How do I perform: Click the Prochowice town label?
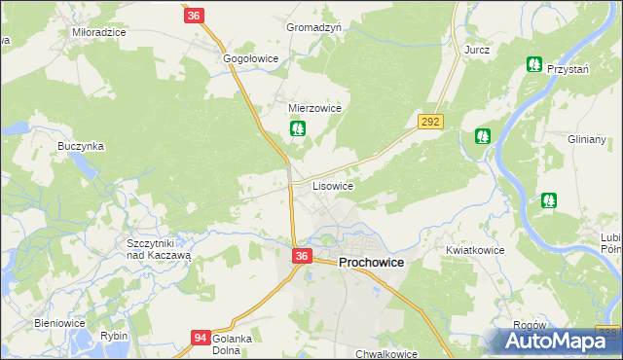pyautogui.click(x=372, y=263)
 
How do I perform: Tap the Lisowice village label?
pyautogui.click(x=332, y=185)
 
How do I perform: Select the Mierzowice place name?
pyautogui.click(x=314, y=109)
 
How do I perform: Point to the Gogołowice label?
pyautogui.click(x=251, y=58)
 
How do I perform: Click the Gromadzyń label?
pyautogui.click(x=313, y=28)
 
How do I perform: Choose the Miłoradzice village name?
pyautogui.click(x=99, y=32)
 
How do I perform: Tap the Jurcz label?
pyautogui.click(x=476, y=49)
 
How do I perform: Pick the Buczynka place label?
pyautogui.click(x=80, y=146)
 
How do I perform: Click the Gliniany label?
pyautogui.click(x=587, y=139)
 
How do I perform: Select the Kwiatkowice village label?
pyautogui.click(x=475, y=250)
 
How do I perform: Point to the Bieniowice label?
pyautogui.click(x=60, y=323)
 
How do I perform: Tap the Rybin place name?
pyautogui.click(x=114, y=336)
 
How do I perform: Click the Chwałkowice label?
pyautogui.click(x=386, y=354)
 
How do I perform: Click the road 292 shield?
pyautogui.click(x=431, y=122)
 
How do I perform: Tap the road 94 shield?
pyautogui.click(x=200, y=338)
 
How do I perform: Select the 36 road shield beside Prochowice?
pyautogui.click(x=302, y=256)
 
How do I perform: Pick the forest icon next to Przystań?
pyautogui.click(x=533, y=65)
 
